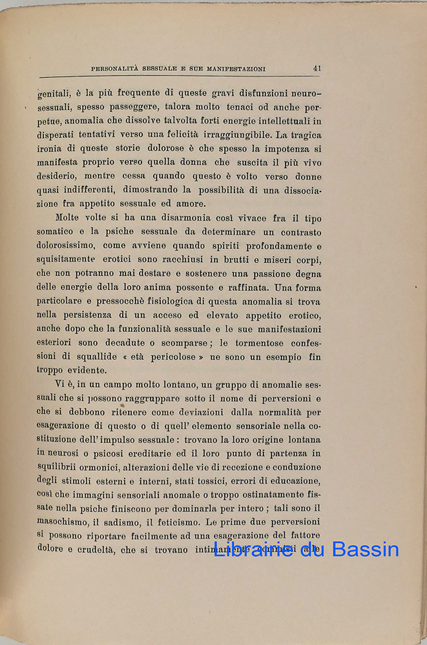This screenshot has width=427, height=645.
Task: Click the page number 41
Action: [317, 68]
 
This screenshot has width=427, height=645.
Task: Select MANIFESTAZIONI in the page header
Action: [235, 68]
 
